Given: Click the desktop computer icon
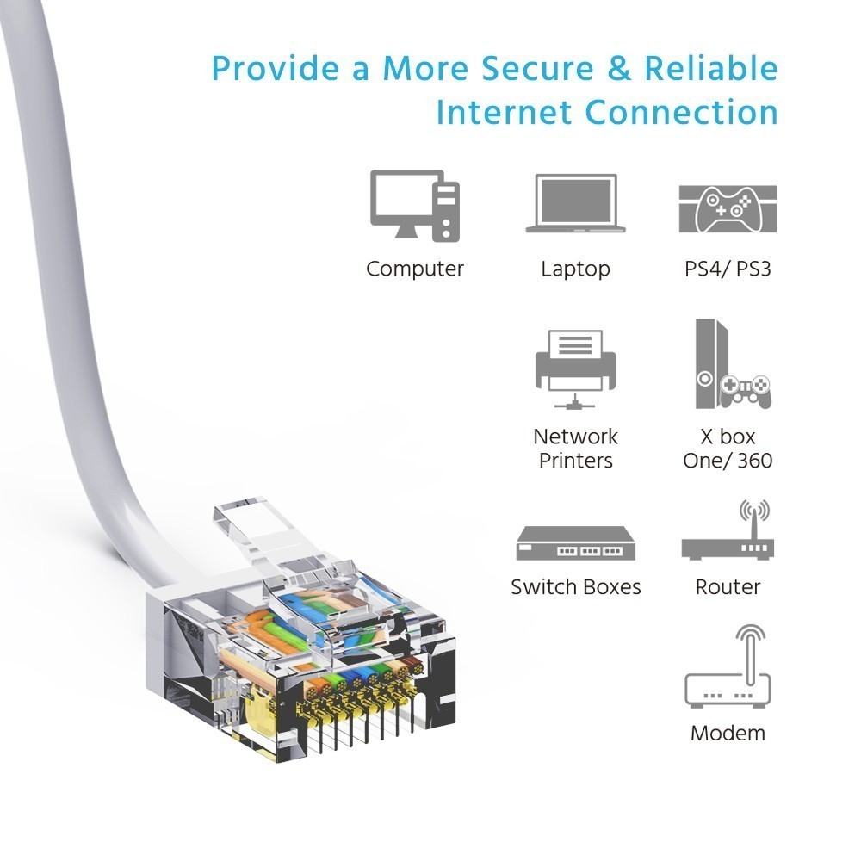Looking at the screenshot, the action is point(415,206).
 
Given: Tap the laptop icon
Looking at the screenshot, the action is point(575,203).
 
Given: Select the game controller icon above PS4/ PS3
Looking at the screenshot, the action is point(728,209).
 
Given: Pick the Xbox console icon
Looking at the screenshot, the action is point(733,364).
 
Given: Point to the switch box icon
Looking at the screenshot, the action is point(575,543).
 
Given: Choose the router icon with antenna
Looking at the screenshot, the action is point(728,530).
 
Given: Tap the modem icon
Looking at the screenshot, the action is point(728,666).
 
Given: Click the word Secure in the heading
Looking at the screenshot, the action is point(537,69).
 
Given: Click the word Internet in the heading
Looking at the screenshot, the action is point(504,112).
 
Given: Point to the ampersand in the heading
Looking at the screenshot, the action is point(619,69).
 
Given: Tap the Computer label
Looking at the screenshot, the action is point(415,269).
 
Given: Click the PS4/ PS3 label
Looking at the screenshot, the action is point(728,269).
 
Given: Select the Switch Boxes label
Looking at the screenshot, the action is point(575,587).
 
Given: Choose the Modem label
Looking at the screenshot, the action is point(728,733).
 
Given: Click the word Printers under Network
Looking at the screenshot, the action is point(575,460).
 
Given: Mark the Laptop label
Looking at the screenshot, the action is point(575,269).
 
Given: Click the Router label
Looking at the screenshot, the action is point(728,587).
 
